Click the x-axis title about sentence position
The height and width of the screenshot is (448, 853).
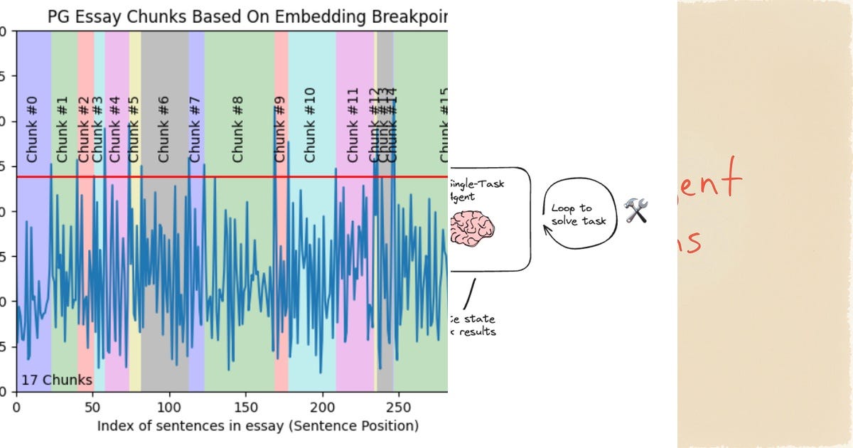(x=257, y=426)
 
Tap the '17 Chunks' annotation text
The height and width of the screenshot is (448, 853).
(x=57, y=380)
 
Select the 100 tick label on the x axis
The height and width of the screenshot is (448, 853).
(x=169, y=407)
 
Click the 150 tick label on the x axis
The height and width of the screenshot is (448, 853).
(x=246, y=407)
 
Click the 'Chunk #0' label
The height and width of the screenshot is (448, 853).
(x=32, y=129)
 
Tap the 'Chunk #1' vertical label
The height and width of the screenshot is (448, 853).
(x=63, y=129)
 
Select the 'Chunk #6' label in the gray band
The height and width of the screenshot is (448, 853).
(x=164, y=129)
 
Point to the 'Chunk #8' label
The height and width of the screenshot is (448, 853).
(x=238, y=129)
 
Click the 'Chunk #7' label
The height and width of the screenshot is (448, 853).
(x=196, y=129)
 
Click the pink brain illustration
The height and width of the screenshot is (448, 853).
(x=473, y=230)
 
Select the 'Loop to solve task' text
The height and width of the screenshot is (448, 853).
(x=579, y=214)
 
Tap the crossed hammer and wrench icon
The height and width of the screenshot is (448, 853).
(x=636, y=210)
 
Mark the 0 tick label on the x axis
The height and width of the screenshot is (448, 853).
(x=17, y=407)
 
